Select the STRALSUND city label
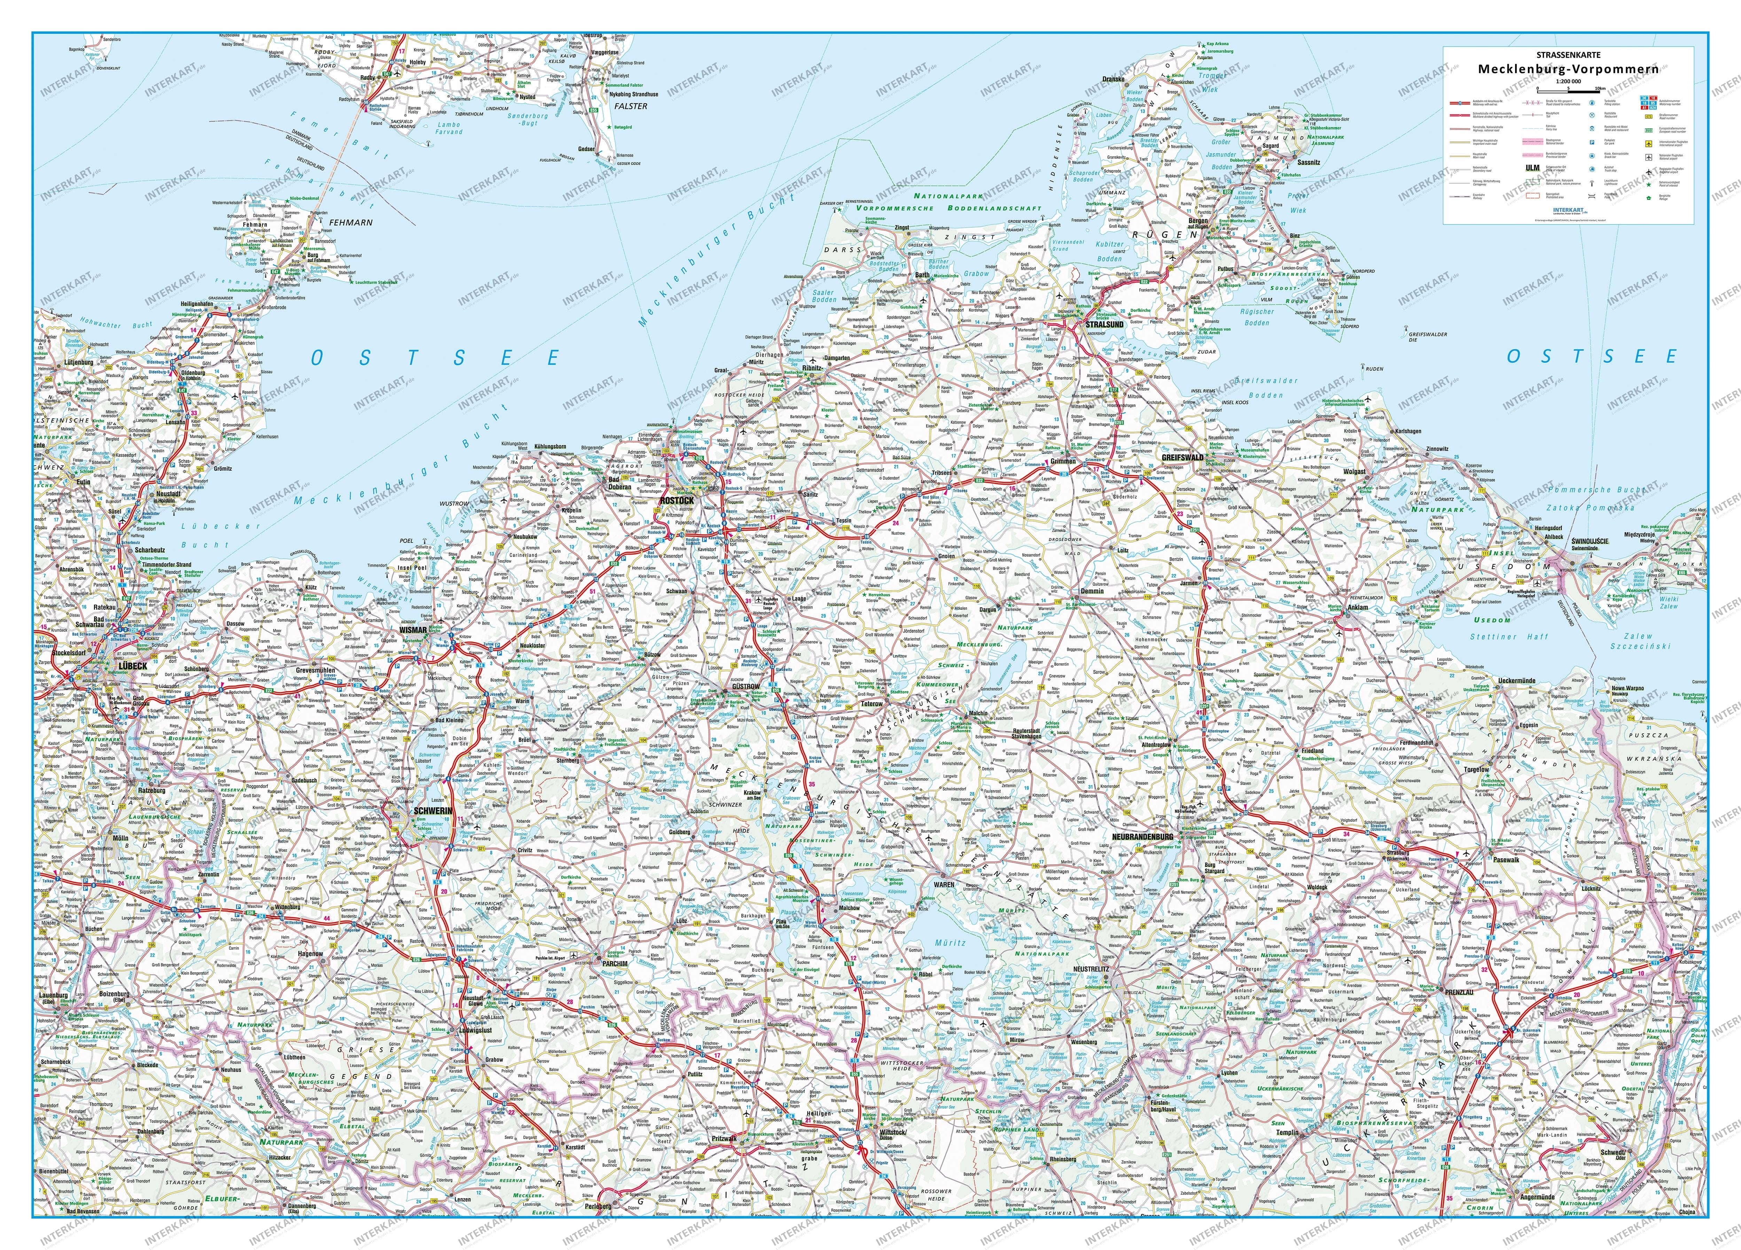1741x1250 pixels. coord(1104,325)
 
